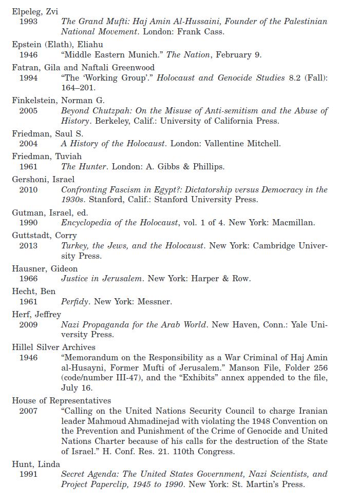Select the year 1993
pos(28,22)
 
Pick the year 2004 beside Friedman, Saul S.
pos(28,144)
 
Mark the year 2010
pos(28,189)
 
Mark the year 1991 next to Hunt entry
pos(28,474)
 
